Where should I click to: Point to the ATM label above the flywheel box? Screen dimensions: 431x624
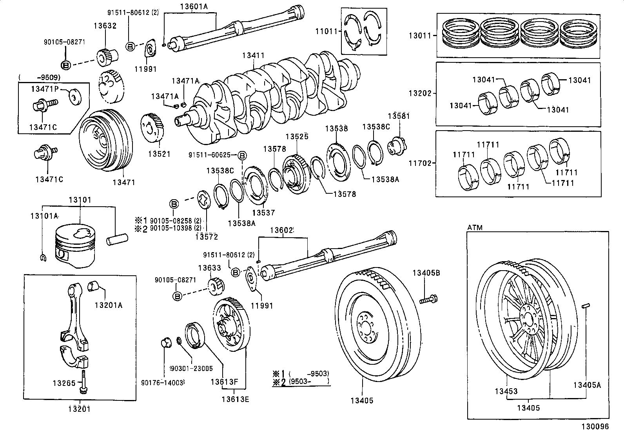tap(475, 227)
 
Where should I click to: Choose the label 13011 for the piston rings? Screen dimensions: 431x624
tap(420, 35)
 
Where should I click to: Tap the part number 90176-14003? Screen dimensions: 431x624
tap(163, 382)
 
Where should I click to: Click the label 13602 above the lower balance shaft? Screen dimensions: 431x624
tap(281, 230)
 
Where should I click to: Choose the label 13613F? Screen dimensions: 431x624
tap(224, 382)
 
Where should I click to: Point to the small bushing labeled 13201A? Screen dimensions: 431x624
tap(93, 287)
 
